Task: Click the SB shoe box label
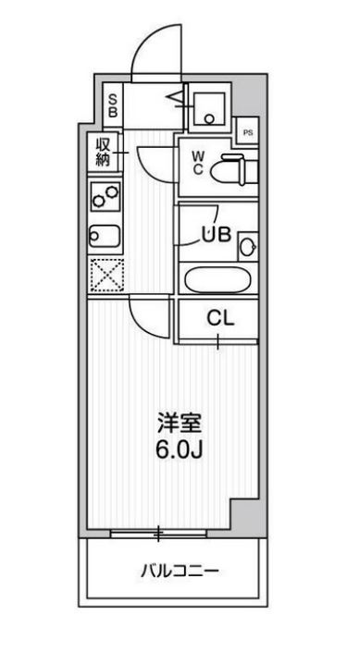(113, 105)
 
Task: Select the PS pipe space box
(246, 132)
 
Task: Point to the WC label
(198, 163)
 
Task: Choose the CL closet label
(219, 319)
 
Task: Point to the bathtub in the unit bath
(218, 279)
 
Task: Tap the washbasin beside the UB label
(246, 246)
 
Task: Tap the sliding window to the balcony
(158, 533)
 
